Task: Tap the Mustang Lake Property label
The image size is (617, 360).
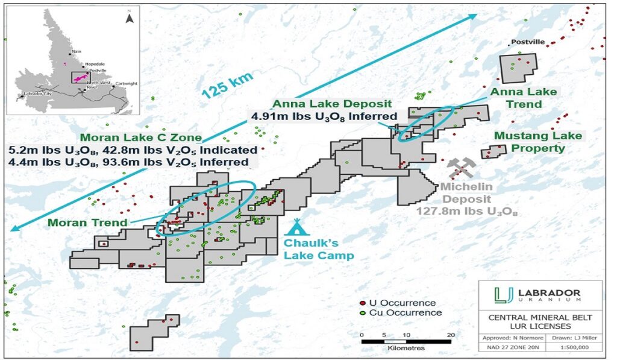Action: [x=537, y=142]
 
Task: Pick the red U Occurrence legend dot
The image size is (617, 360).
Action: [x=362, y=303]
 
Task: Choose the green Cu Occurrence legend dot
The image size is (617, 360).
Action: [x=362, y=312]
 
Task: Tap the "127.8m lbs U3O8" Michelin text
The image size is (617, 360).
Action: [x=467, y=212]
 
